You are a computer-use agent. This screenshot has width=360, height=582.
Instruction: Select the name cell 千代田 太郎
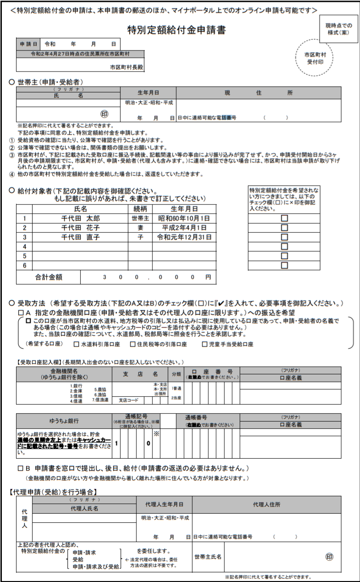click(81, 218)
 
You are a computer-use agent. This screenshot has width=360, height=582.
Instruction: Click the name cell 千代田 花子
click(81, 228)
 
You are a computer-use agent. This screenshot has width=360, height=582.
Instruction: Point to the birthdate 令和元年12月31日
click(184, 237)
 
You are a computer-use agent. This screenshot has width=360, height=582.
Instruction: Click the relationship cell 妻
click(140, 228)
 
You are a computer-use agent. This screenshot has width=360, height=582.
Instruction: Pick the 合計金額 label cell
click(49, 277)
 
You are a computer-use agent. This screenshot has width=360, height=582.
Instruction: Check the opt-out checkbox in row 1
click(284, 218)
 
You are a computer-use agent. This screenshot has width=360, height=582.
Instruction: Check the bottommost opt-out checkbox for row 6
click(284, 265)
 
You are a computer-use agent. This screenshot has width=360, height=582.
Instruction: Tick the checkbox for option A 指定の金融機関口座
click(21, 312)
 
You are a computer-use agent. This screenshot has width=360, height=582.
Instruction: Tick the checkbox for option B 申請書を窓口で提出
click(21, 469)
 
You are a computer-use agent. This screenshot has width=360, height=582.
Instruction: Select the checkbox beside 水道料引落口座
click(76, 344)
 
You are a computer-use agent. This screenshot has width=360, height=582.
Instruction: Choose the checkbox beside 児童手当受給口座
click(205, 344)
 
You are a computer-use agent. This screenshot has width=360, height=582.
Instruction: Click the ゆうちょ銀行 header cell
click(64, 421)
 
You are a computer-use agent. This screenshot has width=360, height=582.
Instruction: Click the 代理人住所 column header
click(267, 505)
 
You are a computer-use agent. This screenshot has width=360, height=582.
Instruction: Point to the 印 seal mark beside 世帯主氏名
click(329, 557)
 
